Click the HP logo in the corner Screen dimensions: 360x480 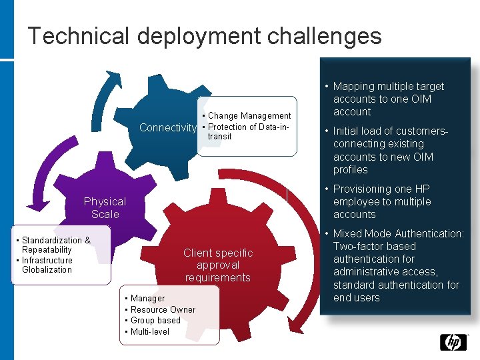[x=453, y=343]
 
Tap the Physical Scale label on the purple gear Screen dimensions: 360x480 [x=105, y=207]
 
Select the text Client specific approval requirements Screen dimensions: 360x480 [x=218, y=265]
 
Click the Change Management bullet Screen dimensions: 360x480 [x=249, y=116]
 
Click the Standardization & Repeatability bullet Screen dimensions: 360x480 [x=55, y=245]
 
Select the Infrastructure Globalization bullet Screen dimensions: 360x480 [x=47, y=265]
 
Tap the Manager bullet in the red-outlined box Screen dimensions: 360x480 [x=147, y=298]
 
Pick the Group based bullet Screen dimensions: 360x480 [x=155, y=320]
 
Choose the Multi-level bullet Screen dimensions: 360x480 [x=149, y=331]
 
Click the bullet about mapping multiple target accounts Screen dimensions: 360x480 [x=387, y=99]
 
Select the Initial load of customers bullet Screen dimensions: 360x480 [x=390, y=150]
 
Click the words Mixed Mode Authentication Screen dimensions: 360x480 [x=397, y=234]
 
